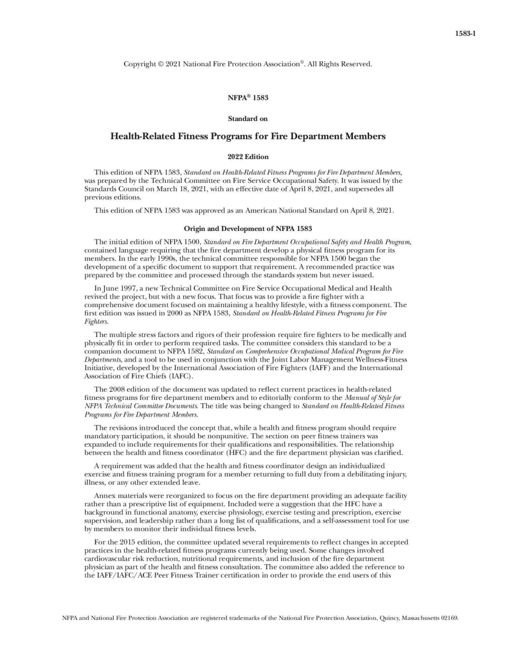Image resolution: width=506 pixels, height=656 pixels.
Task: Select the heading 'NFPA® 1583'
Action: (x=248, y=98)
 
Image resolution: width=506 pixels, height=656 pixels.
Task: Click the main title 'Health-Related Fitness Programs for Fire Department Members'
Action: (x=248, y=137)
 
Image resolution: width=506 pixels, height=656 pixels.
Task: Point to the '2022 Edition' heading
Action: (x=248, y=157)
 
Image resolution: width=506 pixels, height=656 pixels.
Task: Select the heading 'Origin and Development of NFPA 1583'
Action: (x=248, y=229)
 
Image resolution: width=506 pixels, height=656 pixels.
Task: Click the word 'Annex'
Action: (x=104, y=496)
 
